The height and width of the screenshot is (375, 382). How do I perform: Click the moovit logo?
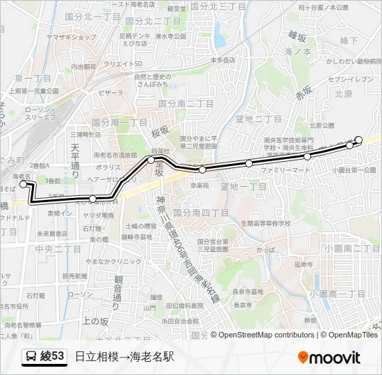click(329, 358)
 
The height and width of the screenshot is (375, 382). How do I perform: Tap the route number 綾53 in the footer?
click(53, 357)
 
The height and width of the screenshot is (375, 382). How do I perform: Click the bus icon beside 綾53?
click(31, 357)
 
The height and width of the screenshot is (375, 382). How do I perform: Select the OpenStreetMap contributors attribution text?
click(266, 335)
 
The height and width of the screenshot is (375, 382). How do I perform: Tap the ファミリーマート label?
click(286, 169)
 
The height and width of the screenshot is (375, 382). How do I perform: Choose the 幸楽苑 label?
click(199, 185)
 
